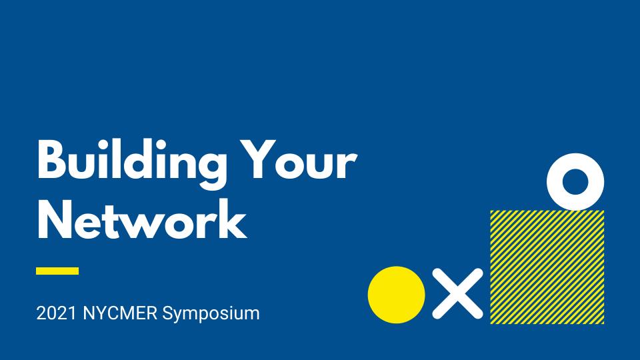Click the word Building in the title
pos(131,163)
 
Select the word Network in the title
pos(141,219)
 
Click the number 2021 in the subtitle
pos(56,313)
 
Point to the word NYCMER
pos(120,313)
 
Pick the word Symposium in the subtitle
pos(211,314)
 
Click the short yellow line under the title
pos(57,271)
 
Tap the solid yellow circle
pos(396,295)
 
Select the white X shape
pos(457,293)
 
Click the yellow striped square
pos(547,267)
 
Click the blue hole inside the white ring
pos(575,182)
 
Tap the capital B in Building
pos(52,159)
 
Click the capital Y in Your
pos(258,159)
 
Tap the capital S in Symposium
pos(168,313)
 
